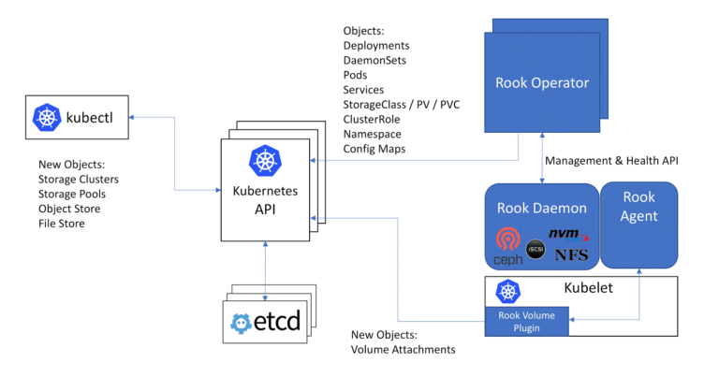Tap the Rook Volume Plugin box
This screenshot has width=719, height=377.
(526, 321)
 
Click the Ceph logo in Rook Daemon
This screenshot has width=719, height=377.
(506, 244)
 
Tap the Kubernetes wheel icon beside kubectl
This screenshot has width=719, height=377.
(47, 117)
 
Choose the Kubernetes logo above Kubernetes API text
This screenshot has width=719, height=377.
(265, 160)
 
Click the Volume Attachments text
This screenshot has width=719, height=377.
(403, 349)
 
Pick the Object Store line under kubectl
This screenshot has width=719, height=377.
(69, 209)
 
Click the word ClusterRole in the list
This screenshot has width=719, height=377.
(373, 119)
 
